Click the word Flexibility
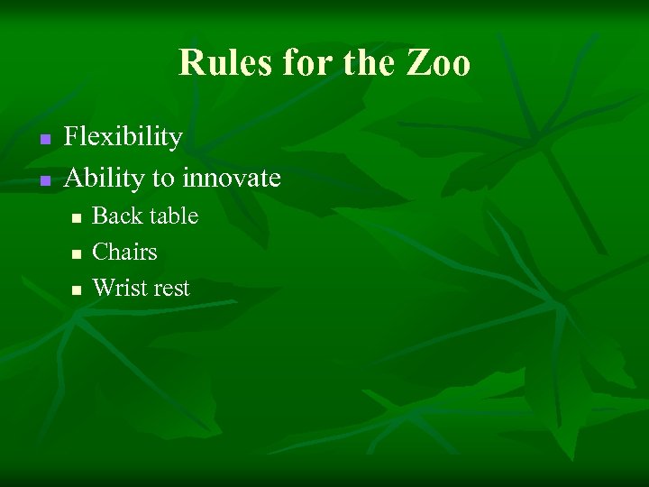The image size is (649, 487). pyautogui.click(x=123, y=137)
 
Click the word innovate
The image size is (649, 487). pyautogui.click(x=231, y=178)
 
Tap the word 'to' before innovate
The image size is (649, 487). pyautogui.click(x=163, y=178)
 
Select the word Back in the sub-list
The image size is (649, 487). pyautogui.click(x=115, y=216)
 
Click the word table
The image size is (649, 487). pyautogui.click(x=172, y=216)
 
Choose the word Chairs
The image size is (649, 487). pyautogui.click(x=124, y=253)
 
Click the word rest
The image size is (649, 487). pyautogui.click(x=171, y=289)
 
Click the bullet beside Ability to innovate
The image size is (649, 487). pyautogui.click(x=43, y=180)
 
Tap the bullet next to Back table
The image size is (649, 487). pyautogui.click(x=77, y=218)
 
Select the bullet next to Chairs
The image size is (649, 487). pyautogui.click(x=77, y=254)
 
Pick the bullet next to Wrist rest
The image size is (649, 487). pyautogui.click(x=77, y=290)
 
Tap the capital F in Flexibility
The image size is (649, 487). pyautogui.click(x=72, y=137)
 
